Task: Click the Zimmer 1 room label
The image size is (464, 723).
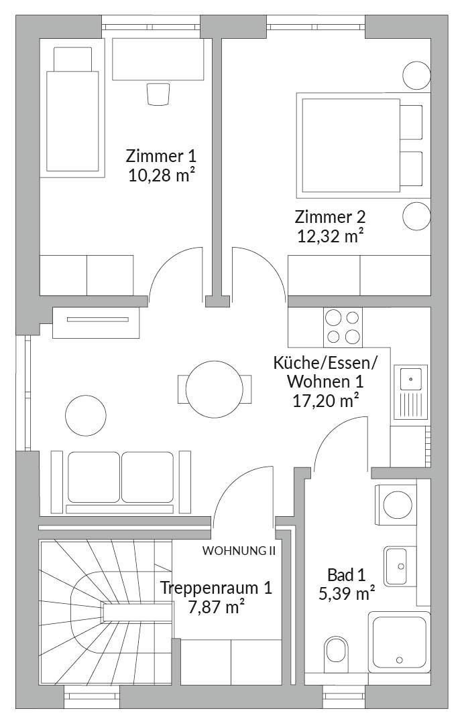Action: pos(161,155)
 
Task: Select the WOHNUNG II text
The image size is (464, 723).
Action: pos(239,550)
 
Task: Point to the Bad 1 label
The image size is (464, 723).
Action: pos(346,575)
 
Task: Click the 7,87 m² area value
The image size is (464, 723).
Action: pos(216,607)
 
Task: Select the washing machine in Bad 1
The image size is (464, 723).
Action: pos(396,505)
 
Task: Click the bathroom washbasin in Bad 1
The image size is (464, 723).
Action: pos(396,566)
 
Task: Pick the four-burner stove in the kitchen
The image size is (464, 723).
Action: pos(343,327)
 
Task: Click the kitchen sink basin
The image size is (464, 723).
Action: pos(410,379)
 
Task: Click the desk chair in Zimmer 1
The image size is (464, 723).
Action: pos(158,94)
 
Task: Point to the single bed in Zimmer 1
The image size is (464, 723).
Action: pos(72,111)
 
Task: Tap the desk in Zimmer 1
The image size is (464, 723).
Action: pos(158,60)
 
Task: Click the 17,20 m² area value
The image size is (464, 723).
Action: pos(326,401)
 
